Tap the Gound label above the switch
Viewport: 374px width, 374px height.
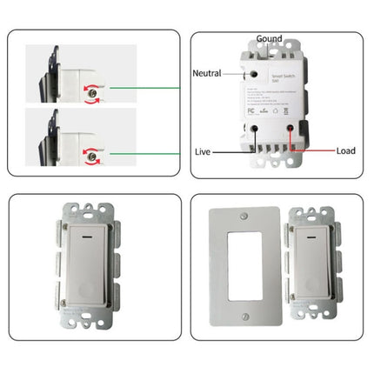point(269,39)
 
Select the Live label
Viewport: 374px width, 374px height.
point(202,151)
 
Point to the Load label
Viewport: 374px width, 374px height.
point(345,150)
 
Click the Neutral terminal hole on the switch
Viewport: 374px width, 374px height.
point(255,76)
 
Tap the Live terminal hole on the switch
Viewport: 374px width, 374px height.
point(254,128)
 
